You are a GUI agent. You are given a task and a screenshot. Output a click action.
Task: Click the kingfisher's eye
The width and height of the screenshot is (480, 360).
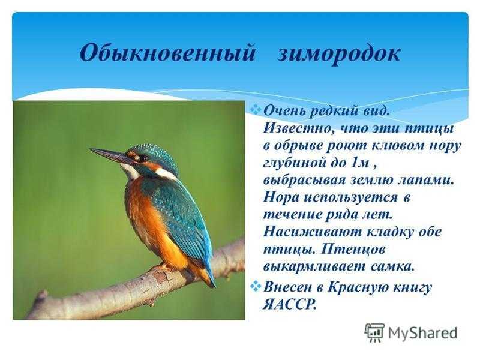pyautogui.click(x=143, y=158)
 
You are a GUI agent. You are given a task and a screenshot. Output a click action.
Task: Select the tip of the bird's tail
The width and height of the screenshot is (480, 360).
pyautogui.click(x=214, y=287)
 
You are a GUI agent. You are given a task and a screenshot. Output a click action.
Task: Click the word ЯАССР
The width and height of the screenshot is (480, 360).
pyautogui.click(x=289, y=304)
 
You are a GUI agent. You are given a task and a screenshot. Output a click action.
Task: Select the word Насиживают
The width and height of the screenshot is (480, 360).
pyautogui.click(x=312, y=232)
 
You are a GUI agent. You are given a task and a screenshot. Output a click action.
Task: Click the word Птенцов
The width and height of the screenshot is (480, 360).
pyautogui.click(x=353, y=249)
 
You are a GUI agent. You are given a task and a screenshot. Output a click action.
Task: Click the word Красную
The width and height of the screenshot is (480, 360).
pyautogui.click(x=359, y=287)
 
